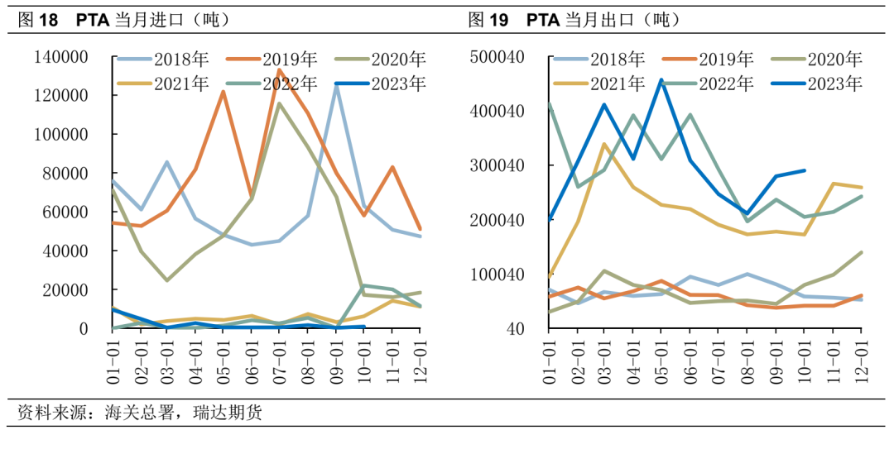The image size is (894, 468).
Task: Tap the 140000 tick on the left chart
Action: click(x=60, y=57)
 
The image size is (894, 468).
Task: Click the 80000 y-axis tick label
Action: click(x=65, y=174)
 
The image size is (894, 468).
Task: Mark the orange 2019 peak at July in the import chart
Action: click(x=279, y=70)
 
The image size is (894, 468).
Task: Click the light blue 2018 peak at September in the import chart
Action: click(x=336, y=85)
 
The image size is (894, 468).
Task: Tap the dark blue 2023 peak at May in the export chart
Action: click(x=661, y=80)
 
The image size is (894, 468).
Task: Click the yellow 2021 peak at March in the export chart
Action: click(x=604, y=144)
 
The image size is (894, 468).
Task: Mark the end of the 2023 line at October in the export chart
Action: click(x=805, y=170)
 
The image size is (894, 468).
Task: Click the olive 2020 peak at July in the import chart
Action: click(x=279, y=103)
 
